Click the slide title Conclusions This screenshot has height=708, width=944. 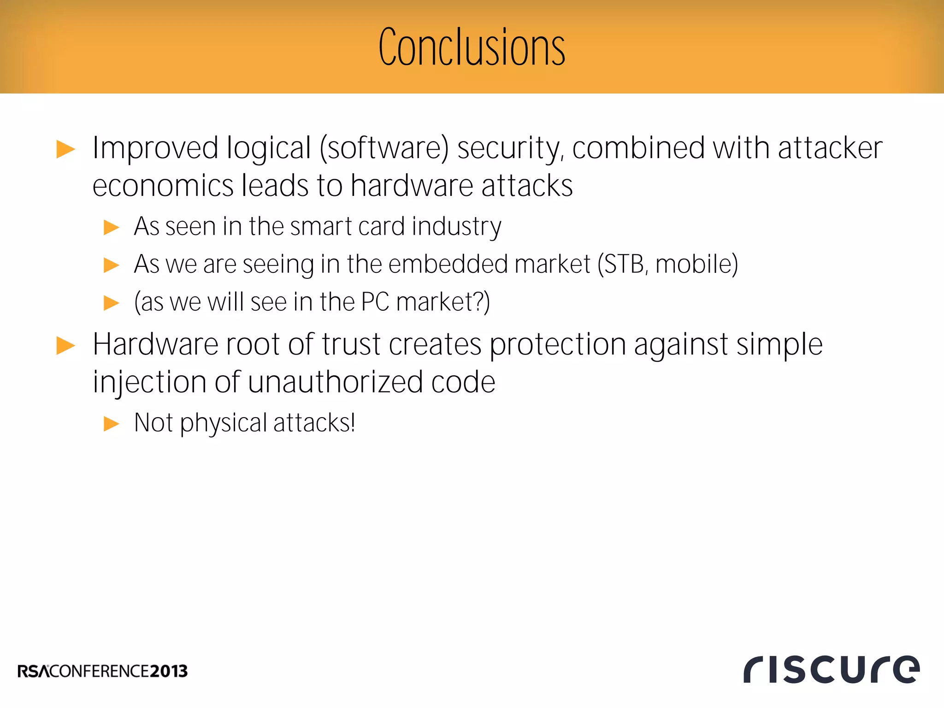coord(472,47)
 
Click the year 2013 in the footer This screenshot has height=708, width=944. coord(169,671)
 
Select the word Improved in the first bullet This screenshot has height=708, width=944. coord(155,148)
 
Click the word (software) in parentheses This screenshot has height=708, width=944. coord(384,148)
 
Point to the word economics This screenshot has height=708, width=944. coord(162,186)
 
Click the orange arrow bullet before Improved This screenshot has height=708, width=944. coord(65,149)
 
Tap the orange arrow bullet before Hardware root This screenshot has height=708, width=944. coord(65,346)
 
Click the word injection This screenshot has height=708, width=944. coord(149,383)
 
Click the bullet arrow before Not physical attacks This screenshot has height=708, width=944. coord(111,423)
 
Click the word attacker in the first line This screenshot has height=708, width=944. coord(830,148)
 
